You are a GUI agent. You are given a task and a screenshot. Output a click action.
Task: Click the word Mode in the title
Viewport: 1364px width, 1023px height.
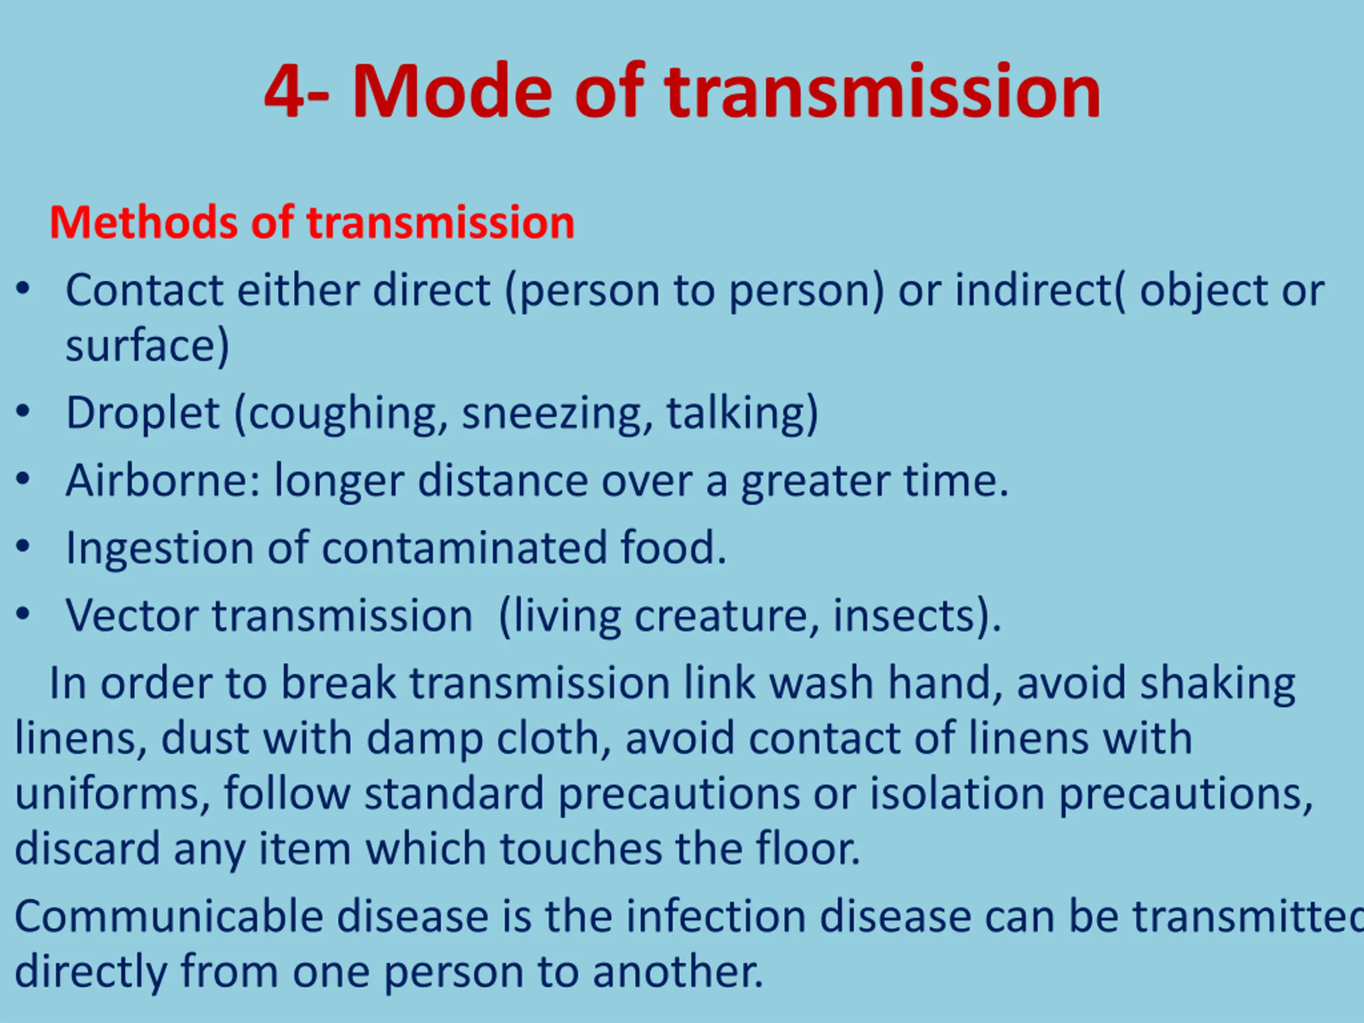tap(452, 91)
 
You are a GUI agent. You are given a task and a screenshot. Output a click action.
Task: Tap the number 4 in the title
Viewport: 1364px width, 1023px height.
tap(285, 92)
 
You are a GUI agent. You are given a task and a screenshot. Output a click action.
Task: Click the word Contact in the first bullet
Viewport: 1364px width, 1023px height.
tap(144, 289)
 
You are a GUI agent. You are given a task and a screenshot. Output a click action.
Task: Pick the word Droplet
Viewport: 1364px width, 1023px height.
tap(142, 413)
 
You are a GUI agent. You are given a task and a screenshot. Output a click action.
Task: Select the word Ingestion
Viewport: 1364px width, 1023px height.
tap(160, 548)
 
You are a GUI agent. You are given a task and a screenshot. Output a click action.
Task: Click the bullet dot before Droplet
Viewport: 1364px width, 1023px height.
tap(23, 412)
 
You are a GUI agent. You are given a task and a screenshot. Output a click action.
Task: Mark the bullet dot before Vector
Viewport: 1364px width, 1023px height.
tap(23, 614)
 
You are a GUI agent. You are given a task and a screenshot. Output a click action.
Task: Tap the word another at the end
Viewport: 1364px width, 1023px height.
tap(678, 972)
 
